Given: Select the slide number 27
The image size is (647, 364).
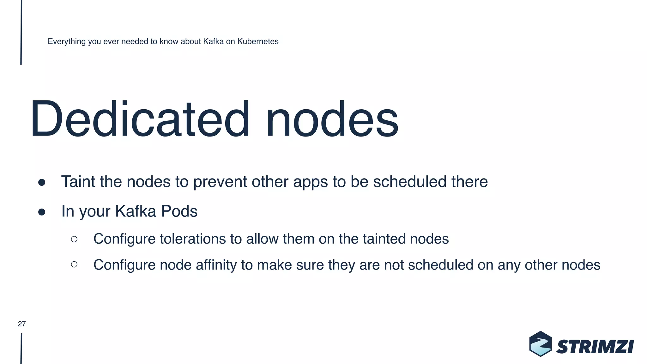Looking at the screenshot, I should [x=22, y=324].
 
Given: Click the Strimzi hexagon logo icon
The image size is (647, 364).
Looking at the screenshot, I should [x=541, y=344].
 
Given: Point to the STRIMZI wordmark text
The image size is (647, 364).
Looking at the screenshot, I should [x=595, y=347].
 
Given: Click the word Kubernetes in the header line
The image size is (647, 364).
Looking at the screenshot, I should [x=258, y=41].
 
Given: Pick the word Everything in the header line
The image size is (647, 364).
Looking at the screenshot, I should [x=67, y=41].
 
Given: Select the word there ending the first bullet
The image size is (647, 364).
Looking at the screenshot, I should [x=469, y=182].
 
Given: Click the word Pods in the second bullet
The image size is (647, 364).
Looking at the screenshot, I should [x=179, y=211].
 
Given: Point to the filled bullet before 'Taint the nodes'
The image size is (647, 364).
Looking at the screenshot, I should [x=42, y=183].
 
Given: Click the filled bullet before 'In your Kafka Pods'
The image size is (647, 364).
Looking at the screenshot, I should [x=42, y=212].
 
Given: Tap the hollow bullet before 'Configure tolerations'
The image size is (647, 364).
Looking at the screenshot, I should [x=74, y=239].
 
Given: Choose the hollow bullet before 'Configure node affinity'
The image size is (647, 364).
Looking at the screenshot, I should [x=74, y=264].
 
